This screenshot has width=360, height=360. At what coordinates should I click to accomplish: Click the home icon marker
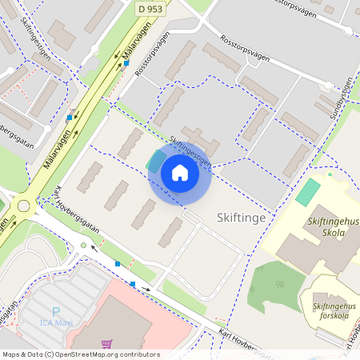pos(179,172)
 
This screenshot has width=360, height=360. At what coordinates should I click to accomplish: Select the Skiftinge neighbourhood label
pos(241,218)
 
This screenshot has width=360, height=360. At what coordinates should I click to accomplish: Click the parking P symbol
pos(56,312)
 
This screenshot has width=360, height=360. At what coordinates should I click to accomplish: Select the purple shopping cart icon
pos(106,344)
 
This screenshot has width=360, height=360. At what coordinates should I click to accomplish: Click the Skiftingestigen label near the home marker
pos(190,150)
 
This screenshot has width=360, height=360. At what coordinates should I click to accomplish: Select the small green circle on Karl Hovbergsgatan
pos(83,245)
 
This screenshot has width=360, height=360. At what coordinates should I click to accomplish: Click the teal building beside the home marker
pos(154,161)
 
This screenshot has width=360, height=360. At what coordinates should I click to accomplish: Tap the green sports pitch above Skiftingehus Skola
pos(307,192)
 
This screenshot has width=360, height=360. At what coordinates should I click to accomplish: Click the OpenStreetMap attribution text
pos(80,354)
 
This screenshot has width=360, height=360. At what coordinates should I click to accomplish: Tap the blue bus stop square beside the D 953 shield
pos(126,62)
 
